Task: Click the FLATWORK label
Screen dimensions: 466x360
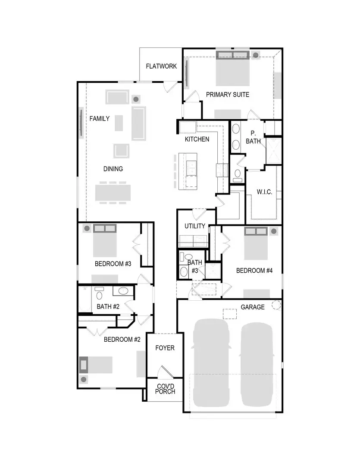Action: (161, 66)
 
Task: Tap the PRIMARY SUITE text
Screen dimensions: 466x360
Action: (227, 94)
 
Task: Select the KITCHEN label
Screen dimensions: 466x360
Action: (197, 139)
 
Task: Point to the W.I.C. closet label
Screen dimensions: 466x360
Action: (264, 192)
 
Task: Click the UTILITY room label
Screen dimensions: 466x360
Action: (195, 226)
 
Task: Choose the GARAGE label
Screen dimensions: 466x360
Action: (253, 307)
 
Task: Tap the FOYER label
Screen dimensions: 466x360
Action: (165, 348)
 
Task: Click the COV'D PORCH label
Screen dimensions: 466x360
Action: (166, 389)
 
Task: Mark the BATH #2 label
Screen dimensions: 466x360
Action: (108, 307)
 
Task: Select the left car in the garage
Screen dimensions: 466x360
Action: (211, 362)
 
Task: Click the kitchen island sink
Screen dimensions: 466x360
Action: (191, 165)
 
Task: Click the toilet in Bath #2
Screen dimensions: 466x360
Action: (99, 295)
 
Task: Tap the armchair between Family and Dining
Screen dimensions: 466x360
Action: (121, 151)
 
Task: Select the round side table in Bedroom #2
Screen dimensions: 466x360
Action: (84, 379)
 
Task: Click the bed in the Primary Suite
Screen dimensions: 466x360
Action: (233, 71)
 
